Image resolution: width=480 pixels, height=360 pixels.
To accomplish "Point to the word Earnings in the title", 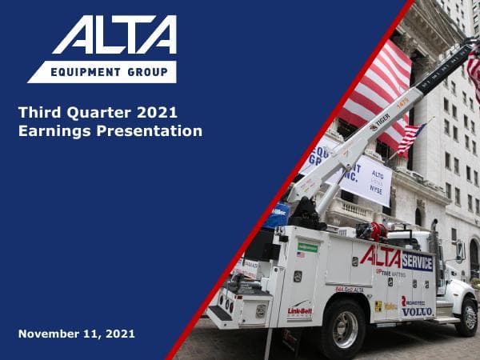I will tap(50, 131).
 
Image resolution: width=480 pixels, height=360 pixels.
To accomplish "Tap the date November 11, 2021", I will tap(76, 333).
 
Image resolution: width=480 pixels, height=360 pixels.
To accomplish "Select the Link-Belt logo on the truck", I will tap(300, 310).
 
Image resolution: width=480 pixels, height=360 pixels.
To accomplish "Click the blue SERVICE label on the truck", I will tap(417, 262).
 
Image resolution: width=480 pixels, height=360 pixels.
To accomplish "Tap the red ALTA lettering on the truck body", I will tap(380, 257).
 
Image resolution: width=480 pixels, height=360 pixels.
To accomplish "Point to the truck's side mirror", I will tap(460, 251).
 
